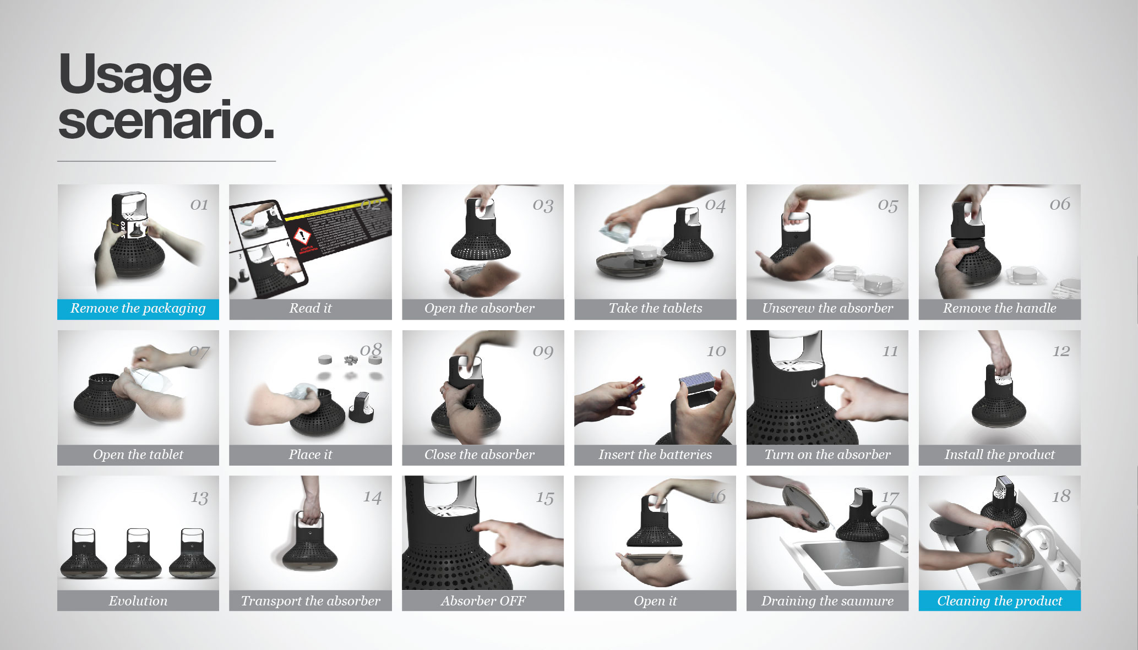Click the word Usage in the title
pos(135,74)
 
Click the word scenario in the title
pos(165,121)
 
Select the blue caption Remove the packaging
pos(138,309)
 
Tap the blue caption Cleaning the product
pos(999,601)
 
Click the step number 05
pos(887,205)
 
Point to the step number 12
pos(1060,351)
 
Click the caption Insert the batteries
pos(655,455)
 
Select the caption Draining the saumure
pos(827,601)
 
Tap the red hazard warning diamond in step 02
pos(302,237)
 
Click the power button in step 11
pos(814,382)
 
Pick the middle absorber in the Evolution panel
pos(138,553)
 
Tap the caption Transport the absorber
pos(310,601)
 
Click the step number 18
pos(1060,497)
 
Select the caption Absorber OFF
pos(483,601)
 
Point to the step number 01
pos(199,205)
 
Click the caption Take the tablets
pos(655,309)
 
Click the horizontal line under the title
pos(166,161)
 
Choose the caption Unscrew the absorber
pos(827,309)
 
